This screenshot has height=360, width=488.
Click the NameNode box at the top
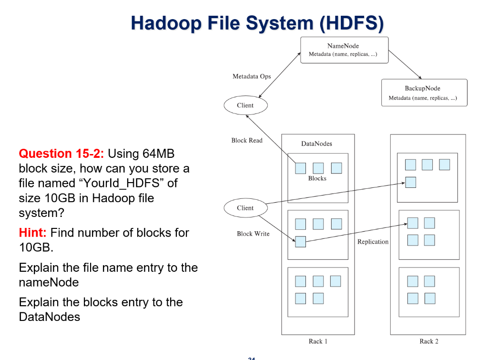coord(344,50)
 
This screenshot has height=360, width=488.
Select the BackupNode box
coord(424,93)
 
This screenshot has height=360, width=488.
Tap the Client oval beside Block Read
coord(245,105)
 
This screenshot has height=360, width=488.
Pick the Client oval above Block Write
coord(245,208)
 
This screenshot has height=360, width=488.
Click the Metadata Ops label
coord(252,76)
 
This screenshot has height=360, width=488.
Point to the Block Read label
coord(247,140)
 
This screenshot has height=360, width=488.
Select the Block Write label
coord(253,234)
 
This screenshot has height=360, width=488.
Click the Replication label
coord(373,242)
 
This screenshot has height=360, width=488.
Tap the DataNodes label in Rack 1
coord(316,144)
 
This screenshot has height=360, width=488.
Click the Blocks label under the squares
coord(317,178)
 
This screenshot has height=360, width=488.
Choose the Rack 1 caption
coord(318,341)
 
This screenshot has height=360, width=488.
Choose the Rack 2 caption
coord(428,341)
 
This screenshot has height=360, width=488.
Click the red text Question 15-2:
coord(62,154)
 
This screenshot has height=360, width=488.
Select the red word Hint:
coord(32,233)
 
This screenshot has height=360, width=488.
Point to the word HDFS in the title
coord(351,23)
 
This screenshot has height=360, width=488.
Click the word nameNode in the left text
coord(49,282)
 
